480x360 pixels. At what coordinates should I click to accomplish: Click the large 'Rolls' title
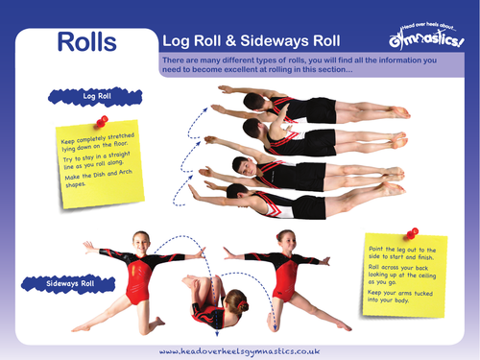(86, 42)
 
